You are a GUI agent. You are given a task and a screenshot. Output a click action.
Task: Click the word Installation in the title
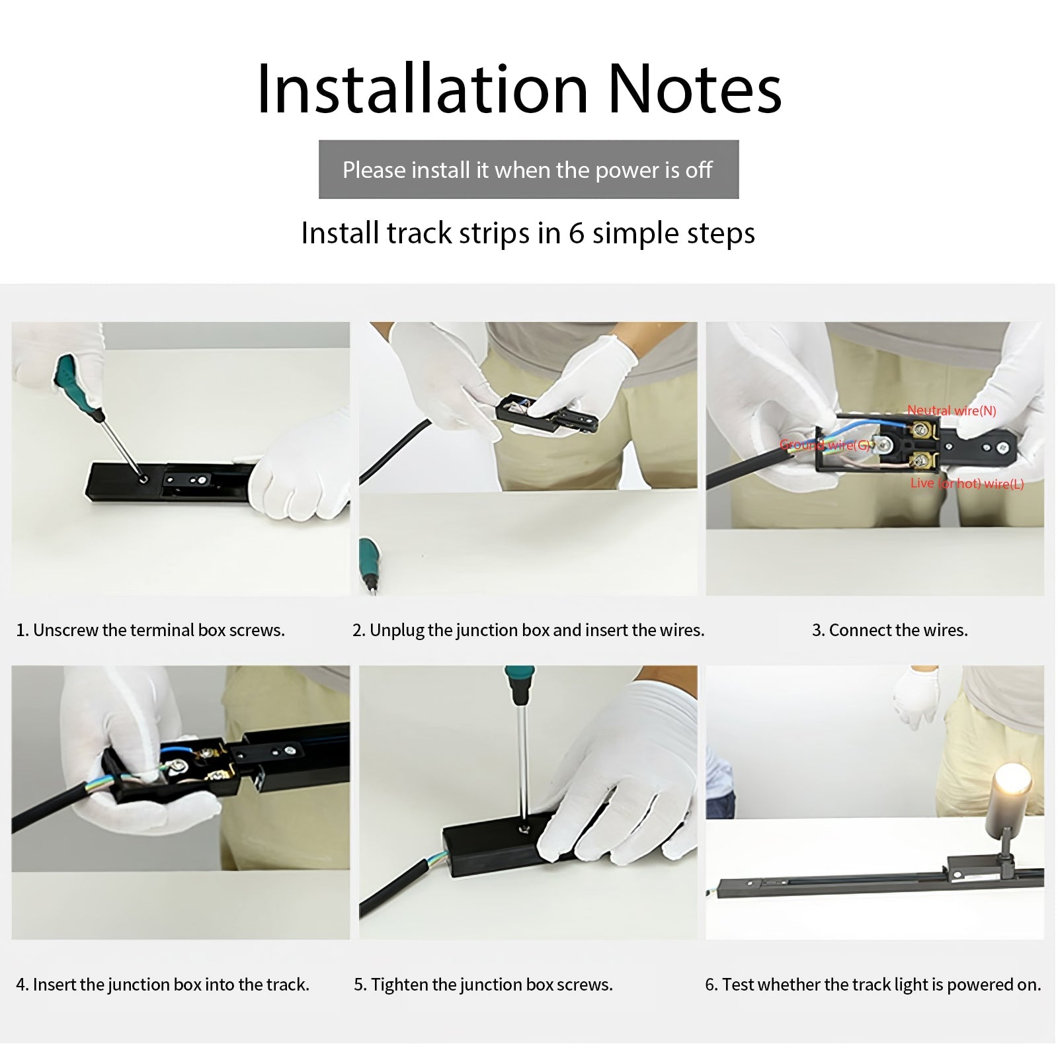click(x=423, y=89)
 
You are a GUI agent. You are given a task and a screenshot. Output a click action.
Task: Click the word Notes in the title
click(x=695, y=89)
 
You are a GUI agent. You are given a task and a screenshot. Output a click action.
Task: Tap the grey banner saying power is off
click(x=528, y=169)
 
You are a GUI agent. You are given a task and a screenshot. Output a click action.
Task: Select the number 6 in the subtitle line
click(x=577, y=233)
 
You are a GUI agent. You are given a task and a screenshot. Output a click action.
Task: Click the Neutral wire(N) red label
click(x=952, y=411)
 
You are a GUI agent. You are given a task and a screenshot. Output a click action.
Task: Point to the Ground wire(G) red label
click(x=827, y=445)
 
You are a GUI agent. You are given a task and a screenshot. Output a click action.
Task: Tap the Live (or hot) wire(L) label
click(x=967, y=483)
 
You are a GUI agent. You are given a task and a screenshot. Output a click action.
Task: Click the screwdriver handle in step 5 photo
click(x=520, y=685)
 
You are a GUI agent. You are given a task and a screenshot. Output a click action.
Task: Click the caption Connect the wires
click(x=889, y=630)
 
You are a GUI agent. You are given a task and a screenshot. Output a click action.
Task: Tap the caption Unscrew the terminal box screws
click(x=150, y=630)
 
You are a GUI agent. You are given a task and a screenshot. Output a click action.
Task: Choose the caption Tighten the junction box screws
click(x=483, y=985)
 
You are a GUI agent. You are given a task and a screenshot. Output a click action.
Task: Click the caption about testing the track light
click(x=873, y=985)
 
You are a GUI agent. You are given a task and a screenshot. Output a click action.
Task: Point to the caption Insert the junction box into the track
click(x=163, y=985)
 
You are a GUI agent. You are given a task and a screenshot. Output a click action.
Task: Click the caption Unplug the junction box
click(x=528, y=630)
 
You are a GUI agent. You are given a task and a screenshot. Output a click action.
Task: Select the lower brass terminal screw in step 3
click(x=920, y=461)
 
